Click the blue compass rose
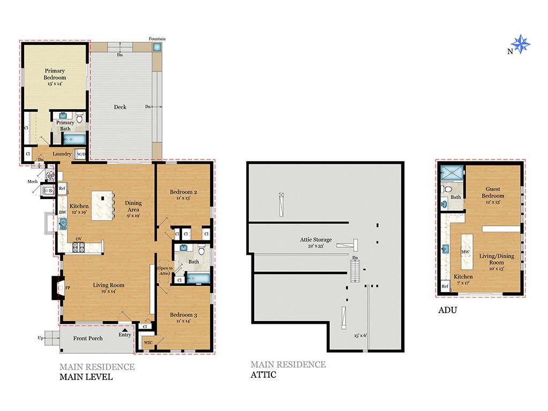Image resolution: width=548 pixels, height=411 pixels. coord(520,44)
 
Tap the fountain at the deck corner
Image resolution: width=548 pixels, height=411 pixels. coord(157,47)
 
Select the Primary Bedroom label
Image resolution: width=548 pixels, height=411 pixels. coord(55,74)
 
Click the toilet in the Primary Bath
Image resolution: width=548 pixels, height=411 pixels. coord(80,118)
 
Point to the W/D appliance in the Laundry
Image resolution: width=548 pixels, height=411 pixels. coord(81,154)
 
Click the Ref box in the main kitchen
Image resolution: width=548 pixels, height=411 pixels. coord(62,188)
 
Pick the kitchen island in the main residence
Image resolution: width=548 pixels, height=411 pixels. coord(102,205)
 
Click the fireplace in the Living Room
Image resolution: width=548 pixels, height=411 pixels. coord(58,287)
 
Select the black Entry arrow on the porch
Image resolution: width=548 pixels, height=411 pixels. coord(125,330)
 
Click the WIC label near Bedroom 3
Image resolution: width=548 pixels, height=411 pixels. coord(148,342)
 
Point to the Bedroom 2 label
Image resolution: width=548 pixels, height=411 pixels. coord(184,192)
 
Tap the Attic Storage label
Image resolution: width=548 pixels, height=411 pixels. coord(316,240)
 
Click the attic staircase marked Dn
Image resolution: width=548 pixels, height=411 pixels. coord(355,271)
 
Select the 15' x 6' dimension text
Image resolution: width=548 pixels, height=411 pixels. coord(360,336)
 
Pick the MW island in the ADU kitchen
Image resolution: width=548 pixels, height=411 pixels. coord(467,252)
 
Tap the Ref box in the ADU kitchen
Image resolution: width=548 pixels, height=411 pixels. coord(445,286)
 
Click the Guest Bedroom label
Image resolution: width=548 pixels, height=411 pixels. coord(493,192)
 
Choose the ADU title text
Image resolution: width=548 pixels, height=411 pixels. coord(447,310)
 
